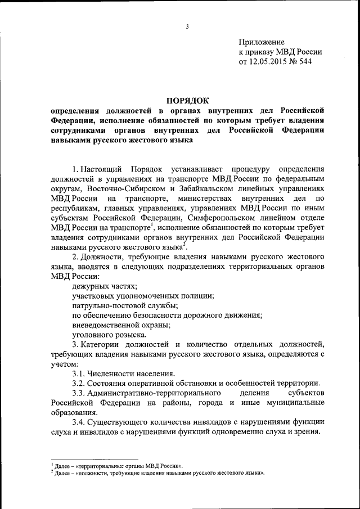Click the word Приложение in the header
262,42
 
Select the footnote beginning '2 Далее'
158,473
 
